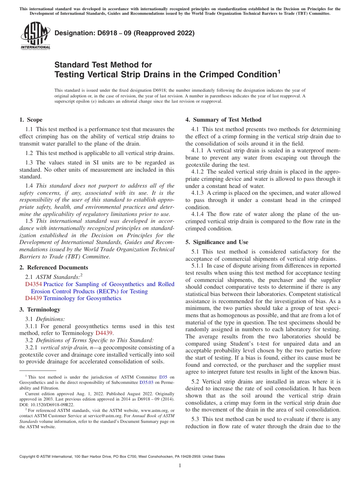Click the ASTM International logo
tap(35, 36)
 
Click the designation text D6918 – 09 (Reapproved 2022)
tap(124, 33)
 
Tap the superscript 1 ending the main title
tap(279, 70)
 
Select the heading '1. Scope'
tap(31, 120)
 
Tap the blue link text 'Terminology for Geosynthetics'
tap(82, 298)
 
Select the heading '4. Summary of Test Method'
tap(223, 120)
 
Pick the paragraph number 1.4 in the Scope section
tap(29, 186)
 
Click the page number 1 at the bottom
tap(180, 465)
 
